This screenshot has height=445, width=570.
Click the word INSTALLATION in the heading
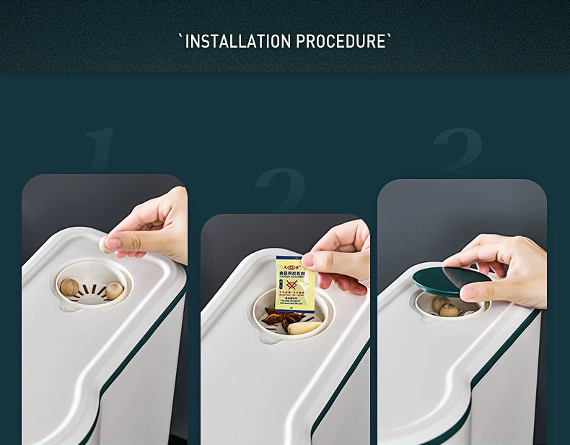pos(239,41)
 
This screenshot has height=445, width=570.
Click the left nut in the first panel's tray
pos(69,288)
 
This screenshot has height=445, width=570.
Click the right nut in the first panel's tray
pos(114,290)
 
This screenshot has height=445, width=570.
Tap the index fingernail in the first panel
pos(113,243)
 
